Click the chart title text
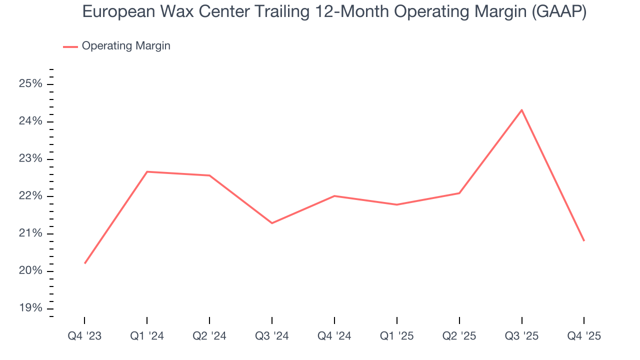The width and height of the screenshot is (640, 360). click(x=334, y=12)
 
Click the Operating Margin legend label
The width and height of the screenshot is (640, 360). click(x=126, y=46)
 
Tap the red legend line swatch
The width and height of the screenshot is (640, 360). click(x=70, y=46)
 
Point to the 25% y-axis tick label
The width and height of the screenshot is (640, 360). click(x=30, y=84)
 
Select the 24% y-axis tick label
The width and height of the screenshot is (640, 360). click(x=30, y=121)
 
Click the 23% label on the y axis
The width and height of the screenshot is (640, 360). click(x=30, y=159)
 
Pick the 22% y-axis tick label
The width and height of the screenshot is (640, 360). click(x=30, y=196)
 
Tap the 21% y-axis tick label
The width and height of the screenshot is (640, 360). click(x=30, y=233)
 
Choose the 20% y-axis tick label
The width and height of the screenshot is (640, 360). click(x=30, y=271)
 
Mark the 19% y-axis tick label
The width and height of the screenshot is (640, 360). click(x=30, y=308)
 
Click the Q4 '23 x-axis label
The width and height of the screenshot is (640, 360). click(x=84, y=336)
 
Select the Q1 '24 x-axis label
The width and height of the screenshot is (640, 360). click(x=147, y=336)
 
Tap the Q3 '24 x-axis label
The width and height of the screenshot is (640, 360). click(x=272, y=336)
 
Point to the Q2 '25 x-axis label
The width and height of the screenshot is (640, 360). click(x=459, y=336)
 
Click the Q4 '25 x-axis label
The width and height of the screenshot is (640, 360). click(x=584, y=336)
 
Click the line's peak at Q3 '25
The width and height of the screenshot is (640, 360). click(x=522, y=110)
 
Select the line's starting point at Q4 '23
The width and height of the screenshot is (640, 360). click(x=85, y=263)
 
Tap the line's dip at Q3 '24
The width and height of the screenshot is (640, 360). click(x=272, y=223)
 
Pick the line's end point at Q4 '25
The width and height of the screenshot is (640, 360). click(x=584, y=241)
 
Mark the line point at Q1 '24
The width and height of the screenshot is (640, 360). click(x=147, y=171)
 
